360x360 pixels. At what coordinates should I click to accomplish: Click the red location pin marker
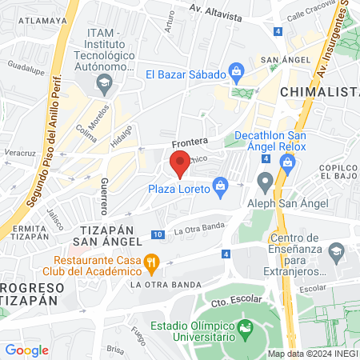(x=180, y=165)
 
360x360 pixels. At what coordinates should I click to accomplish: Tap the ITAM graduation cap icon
(x=103, y=82)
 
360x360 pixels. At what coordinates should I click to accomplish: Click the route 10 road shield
(x=158, y=235)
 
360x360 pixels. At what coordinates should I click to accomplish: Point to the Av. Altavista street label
(x=217, y=11)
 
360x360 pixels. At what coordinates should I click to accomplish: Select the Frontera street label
(x=189, y=142)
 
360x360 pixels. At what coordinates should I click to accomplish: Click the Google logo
(x=27, y=350)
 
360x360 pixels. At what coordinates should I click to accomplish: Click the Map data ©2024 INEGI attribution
(x=313, y=354)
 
